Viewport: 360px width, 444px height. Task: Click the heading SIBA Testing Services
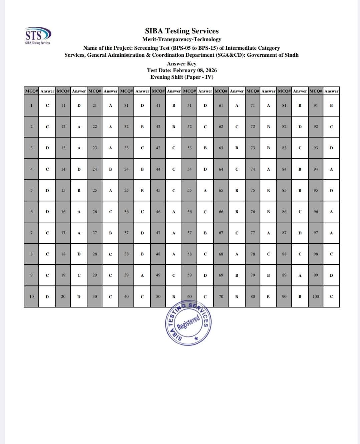(182, 31)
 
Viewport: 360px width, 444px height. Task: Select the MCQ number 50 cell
(158, 296)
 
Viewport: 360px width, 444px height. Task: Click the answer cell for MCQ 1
(47, 105)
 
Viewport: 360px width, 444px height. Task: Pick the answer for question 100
(331, 296)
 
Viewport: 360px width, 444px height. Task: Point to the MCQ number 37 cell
(126, 233)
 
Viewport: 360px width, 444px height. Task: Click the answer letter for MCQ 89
(300, 275)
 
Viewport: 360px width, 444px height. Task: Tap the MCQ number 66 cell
(221, 212)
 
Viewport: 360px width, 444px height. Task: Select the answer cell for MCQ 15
(79, 191)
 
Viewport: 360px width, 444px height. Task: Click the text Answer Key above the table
(182, 64)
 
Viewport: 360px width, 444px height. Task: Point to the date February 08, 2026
(195, 70)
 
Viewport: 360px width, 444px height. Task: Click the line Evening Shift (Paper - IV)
(182, 77)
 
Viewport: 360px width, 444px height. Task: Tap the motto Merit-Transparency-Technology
(182, 39)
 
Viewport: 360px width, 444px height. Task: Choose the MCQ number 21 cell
(95, 105)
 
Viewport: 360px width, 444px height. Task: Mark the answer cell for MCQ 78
(268, 254)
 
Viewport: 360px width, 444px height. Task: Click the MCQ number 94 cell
(316, 169)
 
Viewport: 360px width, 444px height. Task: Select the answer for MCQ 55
(205, 191)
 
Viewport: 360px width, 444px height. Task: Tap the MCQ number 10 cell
(32, 296)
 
